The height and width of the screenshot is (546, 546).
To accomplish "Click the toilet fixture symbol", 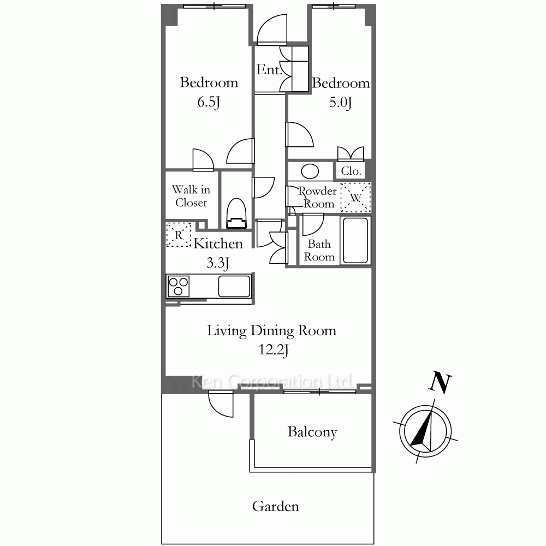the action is pos(236,213).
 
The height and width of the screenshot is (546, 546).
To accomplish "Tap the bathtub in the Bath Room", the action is pos(355,240).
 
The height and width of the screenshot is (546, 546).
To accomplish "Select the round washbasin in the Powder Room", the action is pos(310,171).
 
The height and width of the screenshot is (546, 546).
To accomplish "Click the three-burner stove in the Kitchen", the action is pos(179,286).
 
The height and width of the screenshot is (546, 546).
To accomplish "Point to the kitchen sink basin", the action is pos(234,286).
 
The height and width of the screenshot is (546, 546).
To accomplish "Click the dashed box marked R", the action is pos(179,235).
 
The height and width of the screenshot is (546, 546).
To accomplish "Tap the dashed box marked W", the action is pos(355,198).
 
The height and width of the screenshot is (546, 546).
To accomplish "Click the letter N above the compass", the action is pos(440,382).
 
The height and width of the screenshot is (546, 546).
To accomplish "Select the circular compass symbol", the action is pos(425,431).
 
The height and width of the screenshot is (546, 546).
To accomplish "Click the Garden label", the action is pos(275,506).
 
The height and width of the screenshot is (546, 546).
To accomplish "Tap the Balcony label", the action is pos(312,432).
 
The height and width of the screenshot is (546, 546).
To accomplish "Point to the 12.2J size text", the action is pos(274,349).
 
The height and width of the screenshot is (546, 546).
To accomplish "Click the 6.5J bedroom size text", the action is pos(209,102).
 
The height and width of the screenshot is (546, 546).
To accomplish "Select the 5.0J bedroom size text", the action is pos(341,103).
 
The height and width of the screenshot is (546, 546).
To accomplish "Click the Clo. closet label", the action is pos(351,170).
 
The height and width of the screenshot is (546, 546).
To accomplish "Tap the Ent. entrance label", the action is pos(269,69).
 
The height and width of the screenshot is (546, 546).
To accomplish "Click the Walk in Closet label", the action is pos(191,196).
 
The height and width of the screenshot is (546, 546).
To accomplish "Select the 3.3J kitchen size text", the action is pos(218,263).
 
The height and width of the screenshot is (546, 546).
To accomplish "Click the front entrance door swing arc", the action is pos(272,30).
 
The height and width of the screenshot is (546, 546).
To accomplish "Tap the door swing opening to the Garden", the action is pos(221,404).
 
